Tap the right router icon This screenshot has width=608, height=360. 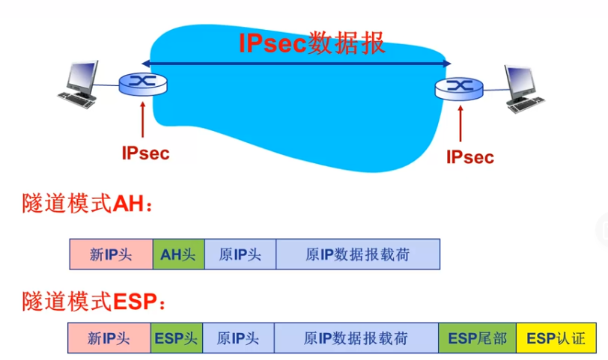tap(459, 89)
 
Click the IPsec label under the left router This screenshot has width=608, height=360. tap(145, 153)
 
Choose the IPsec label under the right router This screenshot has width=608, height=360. tap(470, 157)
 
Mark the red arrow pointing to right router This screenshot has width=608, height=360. tap(460, 123)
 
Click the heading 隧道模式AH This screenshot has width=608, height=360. tap(87, 204)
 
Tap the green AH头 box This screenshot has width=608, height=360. tap(177, 254)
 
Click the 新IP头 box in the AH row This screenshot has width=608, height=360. tap(111, 254)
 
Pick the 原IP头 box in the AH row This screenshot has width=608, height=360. tap(240, 254)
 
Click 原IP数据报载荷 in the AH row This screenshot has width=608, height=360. tap(358, 254)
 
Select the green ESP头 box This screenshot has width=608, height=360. tap(176, 338)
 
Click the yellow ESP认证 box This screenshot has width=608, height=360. tap(556, 338)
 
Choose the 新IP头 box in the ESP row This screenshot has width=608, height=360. tap(109, 338)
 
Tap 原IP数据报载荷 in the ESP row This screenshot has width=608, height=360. tap(356, 338)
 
